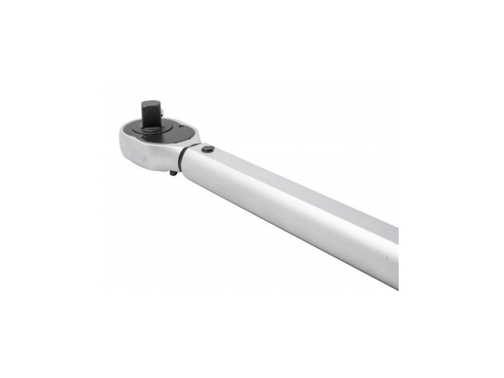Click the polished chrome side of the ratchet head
150,155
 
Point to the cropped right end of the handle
395,258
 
